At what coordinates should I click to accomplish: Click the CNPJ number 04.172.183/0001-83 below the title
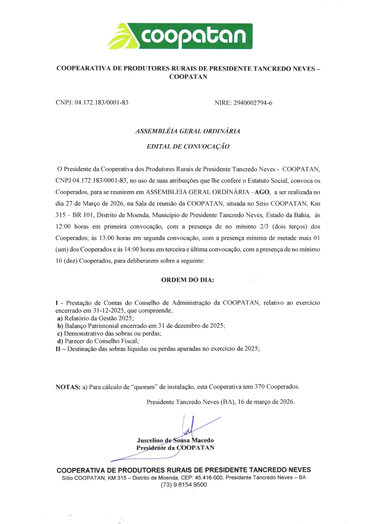pyautogui.click(x=102, y=103)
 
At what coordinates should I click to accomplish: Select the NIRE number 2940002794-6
pyautogui.click(x=253, y=103)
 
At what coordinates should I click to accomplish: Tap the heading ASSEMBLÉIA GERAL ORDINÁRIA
pyautogui.click(x=188, y=131)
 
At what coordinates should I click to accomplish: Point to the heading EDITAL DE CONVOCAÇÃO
pyautogui.click(x=188, y=146)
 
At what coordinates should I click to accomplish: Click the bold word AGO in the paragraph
pyautogui.click(x=262, y=192)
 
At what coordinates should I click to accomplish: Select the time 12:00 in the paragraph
pyautogui.click(x=63, y=227)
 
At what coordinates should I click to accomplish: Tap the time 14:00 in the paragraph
pyautogui.click(x=131, y=250)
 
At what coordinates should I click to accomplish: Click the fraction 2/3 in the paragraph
pyautogui.click(x=264, y=227)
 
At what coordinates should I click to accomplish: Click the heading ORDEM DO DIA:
pyautogui.click(x=187, y=280)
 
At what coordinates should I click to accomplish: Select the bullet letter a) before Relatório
pyautogui.click(x=60, y=318)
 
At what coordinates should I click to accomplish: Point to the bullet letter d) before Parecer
pyautogui.click(x=60, y=341)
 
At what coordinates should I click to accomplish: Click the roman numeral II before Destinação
pyautogui.click(x=58, y=349)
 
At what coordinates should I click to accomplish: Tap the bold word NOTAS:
pyautogui.click(x=68, y=387)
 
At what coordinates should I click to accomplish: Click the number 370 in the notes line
pyautogui.click(x=260, y=387)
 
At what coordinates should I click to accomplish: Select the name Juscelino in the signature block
pyautogui.click(x=150, y=440)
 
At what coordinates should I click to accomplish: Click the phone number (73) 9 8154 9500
pyautogui.click(x=184, y=485)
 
